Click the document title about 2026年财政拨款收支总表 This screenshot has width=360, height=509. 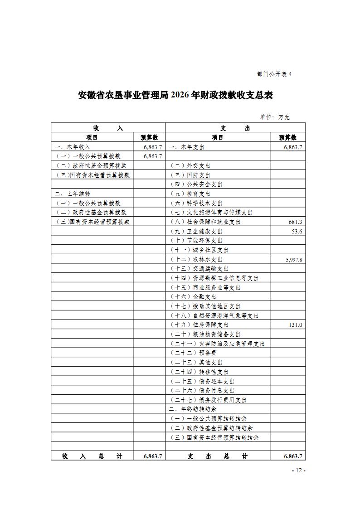point(176,95)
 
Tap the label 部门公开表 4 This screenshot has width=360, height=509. point(274,74)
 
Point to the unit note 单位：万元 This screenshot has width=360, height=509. point(275,117)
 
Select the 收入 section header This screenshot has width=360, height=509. point(108,128)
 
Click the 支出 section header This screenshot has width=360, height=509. point(235,128)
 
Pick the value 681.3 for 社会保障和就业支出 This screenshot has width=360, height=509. point(295,222)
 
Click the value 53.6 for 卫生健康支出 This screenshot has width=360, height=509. point(297,231)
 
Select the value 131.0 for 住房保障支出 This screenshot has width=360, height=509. point(296,325)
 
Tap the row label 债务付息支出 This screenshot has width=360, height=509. point(203,390)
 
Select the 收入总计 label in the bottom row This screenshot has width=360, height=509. point(92,456)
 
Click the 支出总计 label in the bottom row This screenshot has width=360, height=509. point(218,456)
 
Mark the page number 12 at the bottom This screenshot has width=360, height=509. point(298,470)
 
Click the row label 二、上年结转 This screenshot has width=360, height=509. point(72,194)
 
